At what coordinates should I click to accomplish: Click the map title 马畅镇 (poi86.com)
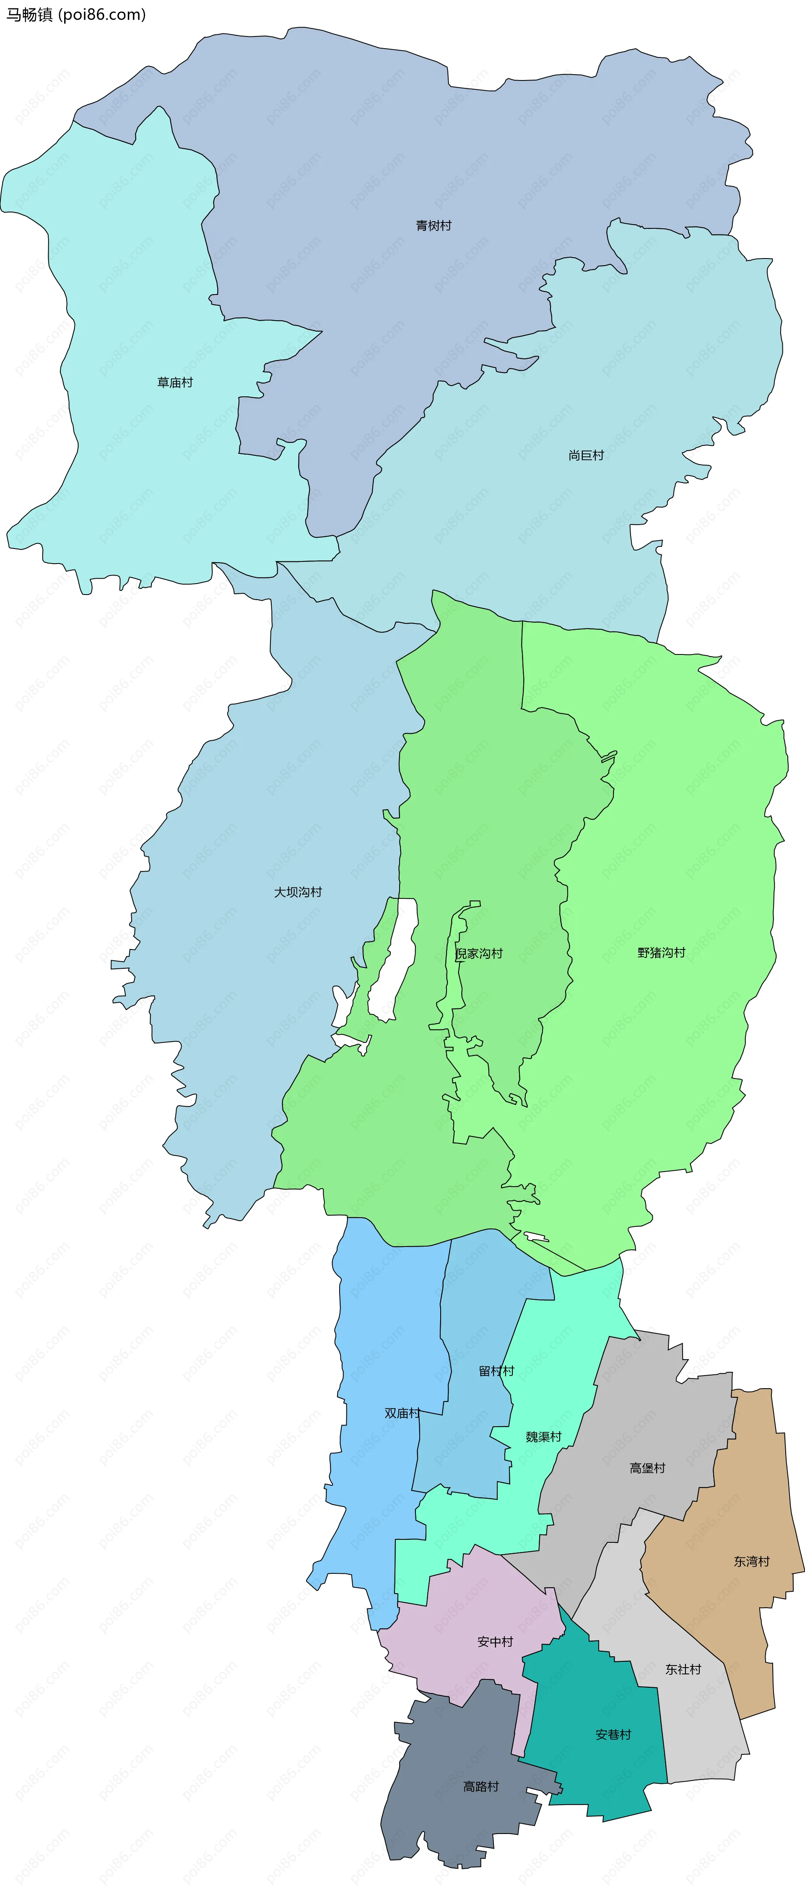(76, 15)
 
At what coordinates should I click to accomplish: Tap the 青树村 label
(433, 226)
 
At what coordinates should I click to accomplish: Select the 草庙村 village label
(174, 383)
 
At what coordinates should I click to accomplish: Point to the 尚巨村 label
(586, 455)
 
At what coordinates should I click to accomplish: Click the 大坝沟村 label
(298, 892)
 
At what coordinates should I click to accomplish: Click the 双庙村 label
(402, 1413)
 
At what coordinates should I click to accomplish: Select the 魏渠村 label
(543, 1437)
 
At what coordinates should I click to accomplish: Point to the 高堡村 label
(647, 1468)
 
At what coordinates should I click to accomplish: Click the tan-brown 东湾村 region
(729, 1604)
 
